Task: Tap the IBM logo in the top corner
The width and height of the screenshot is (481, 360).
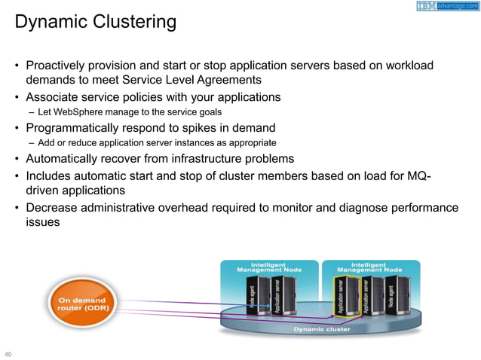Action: tap(427, 6)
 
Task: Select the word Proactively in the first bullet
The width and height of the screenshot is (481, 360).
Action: tap(58, 66)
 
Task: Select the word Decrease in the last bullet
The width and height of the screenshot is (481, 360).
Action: tap(51, 207)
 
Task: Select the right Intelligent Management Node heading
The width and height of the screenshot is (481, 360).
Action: tap(369, 267)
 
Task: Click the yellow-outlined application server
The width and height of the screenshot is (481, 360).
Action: tap(343, 296)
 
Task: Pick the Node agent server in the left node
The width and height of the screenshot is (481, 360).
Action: tap(254, 294)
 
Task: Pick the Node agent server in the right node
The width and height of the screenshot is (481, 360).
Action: tap(391, 296)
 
